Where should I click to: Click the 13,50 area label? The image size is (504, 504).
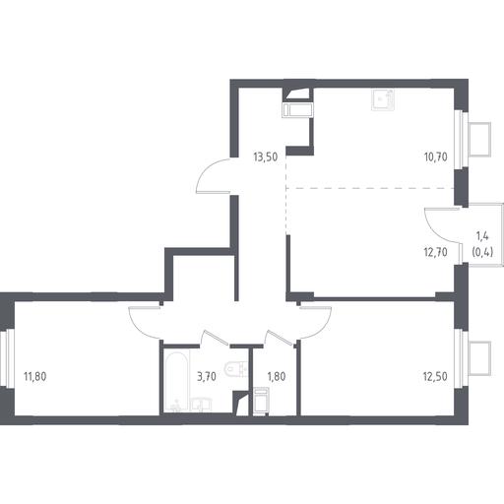(266, 157)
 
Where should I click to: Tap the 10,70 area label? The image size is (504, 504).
(436, 157)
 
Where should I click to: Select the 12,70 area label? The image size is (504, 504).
(436, 252)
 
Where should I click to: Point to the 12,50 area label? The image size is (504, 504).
(436, 376)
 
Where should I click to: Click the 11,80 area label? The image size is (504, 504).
(35, 376)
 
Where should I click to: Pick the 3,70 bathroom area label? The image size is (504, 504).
(207, 376)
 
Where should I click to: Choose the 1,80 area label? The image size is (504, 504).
(277, 376)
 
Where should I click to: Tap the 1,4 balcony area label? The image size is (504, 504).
(482, 235)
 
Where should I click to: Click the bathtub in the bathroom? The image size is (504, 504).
(176, 381)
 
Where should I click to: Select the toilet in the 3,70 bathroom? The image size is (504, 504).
(235, 369)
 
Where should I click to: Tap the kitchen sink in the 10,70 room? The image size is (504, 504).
(383, 99)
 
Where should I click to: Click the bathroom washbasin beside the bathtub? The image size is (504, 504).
(201, 405)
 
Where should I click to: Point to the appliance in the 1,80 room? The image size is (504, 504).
(261, 400)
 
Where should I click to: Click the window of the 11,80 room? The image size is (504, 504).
(8, 357)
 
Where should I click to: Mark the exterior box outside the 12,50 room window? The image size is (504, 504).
(480, 358)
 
